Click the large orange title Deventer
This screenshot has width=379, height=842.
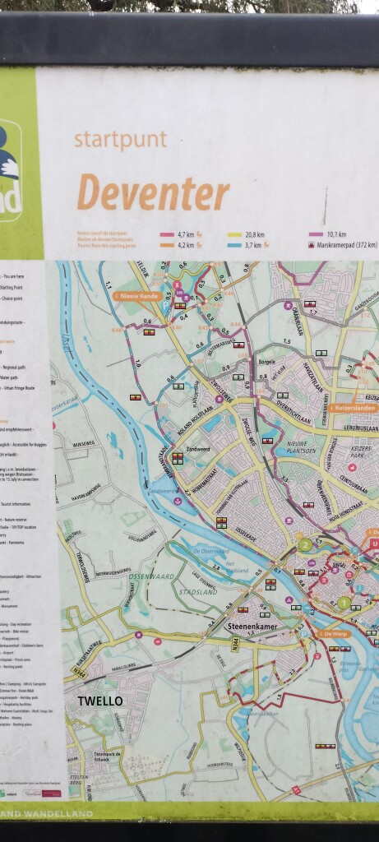tap(153, 194)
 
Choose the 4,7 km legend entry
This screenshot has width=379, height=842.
tap(181, 234)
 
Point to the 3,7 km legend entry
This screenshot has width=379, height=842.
tap(252, 244)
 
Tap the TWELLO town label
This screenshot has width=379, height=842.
tap(100, 701)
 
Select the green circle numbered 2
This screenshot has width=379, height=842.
tap(305, 544)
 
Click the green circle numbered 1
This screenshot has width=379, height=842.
tap(343, 603)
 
